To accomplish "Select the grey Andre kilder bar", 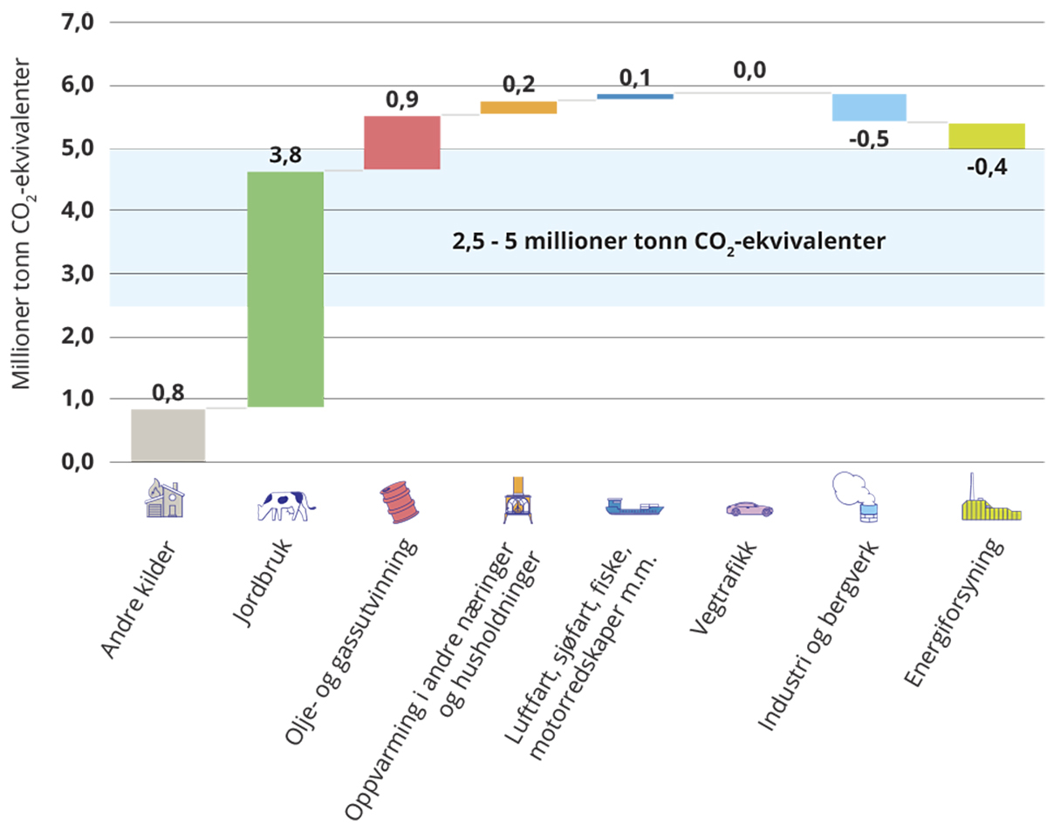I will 168,435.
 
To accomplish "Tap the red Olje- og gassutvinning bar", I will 401,142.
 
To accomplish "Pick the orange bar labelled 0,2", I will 518,107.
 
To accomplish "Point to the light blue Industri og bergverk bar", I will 868,107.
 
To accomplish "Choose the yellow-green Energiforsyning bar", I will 986,136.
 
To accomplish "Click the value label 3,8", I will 285,157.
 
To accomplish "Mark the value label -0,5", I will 869,139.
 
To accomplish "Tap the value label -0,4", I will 986,167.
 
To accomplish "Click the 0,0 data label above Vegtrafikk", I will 749,71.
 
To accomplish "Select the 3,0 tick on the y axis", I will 77,273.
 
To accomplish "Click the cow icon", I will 285,505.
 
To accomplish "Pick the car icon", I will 749,508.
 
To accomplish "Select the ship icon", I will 634,506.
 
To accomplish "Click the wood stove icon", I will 518,501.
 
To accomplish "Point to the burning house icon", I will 165,498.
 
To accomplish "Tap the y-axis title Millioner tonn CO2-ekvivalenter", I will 24,225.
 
